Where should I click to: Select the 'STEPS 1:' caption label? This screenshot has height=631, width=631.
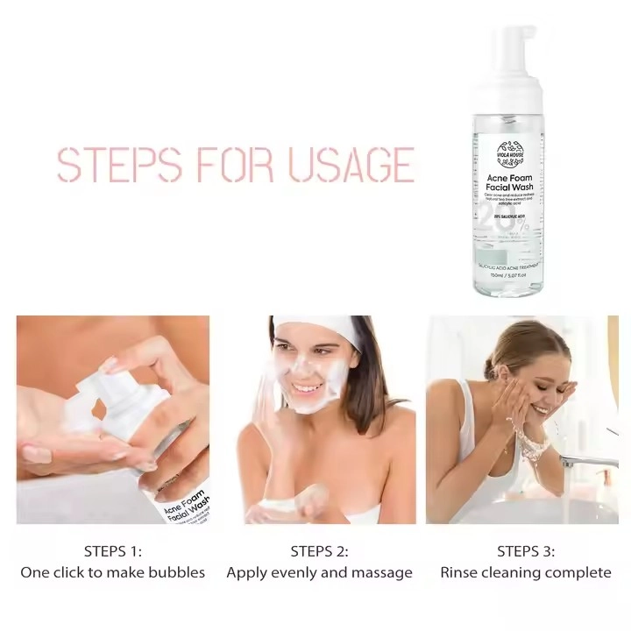click(x=112, y=551)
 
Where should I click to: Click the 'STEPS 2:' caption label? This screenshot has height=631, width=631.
click(x=319, y=551)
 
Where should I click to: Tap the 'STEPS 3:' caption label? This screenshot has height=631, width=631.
click(x=526, y=551)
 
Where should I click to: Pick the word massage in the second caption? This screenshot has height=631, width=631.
click(x=379, y=573)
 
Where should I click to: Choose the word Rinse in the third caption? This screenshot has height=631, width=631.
click(x=460, y=573)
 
